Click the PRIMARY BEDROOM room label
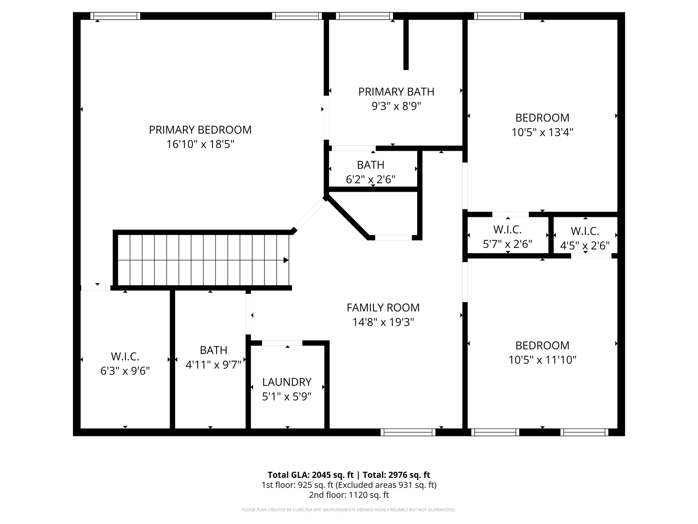pyautogui.click(x=200, y=130)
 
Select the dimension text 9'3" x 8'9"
pyautogui.click(x=396, y=106)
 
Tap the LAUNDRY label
pyautogui.click(x=287, y=382)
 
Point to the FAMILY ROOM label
pyautogui.click(x=383, y=308)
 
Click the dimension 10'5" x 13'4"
pyautogui.click(x=542, y=132)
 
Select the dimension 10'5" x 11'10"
pyautogui.click(x=542, y=360)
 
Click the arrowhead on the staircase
pyautogui.click(x=286, y=260)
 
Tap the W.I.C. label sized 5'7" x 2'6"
pyautogui.click(x=507, y=230)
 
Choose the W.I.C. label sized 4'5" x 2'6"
pyautogui.click(x=585, y=231)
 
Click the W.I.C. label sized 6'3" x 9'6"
pyautogui.click(x=125, y=356)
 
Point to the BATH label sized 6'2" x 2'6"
pyautogui.click(x=370, y=165)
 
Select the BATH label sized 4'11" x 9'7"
pyautogui.click(x=213, y=350)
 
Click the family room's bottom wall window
pyautogui.click(x=408, y=432)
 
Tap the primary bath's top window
pyautogui.click(x=364, y=16)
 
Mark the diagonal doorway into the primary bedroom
pyautogui.click(x=309, y=215)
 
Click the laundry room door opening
pyautogui.click(x=282, y=343)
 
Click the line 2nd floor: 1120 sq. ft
pyautogui.click(x=349, y=495)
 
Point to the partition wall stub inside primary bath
pyautogui.click(x=406, y=44)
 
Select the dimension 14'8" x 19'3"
pyautogui.click(x=383, y=322)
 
